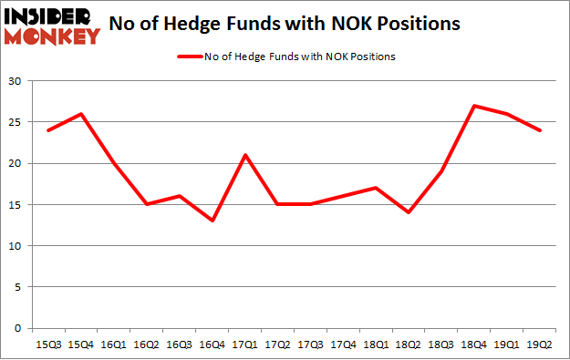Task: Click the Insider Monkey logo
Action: coord(52,26)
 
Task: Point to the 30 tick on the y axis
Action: coord(16,82)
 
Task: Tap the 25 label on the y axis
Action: coord(16,123)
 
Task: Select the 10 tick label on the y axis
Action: coord(16,246)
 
